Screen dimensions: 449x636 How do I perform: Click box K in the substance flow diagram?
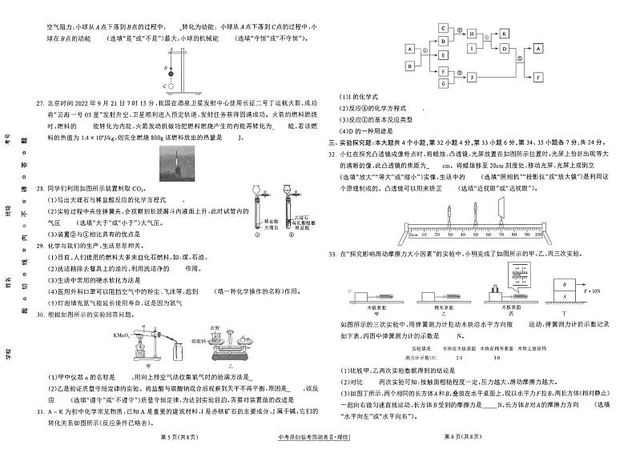coord(505,34)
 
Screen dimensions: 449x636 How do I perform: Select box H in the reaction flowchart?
coord(473,34)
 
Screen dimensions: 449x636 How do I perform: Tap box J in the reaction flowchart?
coord(473,78)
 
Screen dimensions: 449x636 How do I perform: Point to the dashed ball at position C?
coord(167,86)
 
